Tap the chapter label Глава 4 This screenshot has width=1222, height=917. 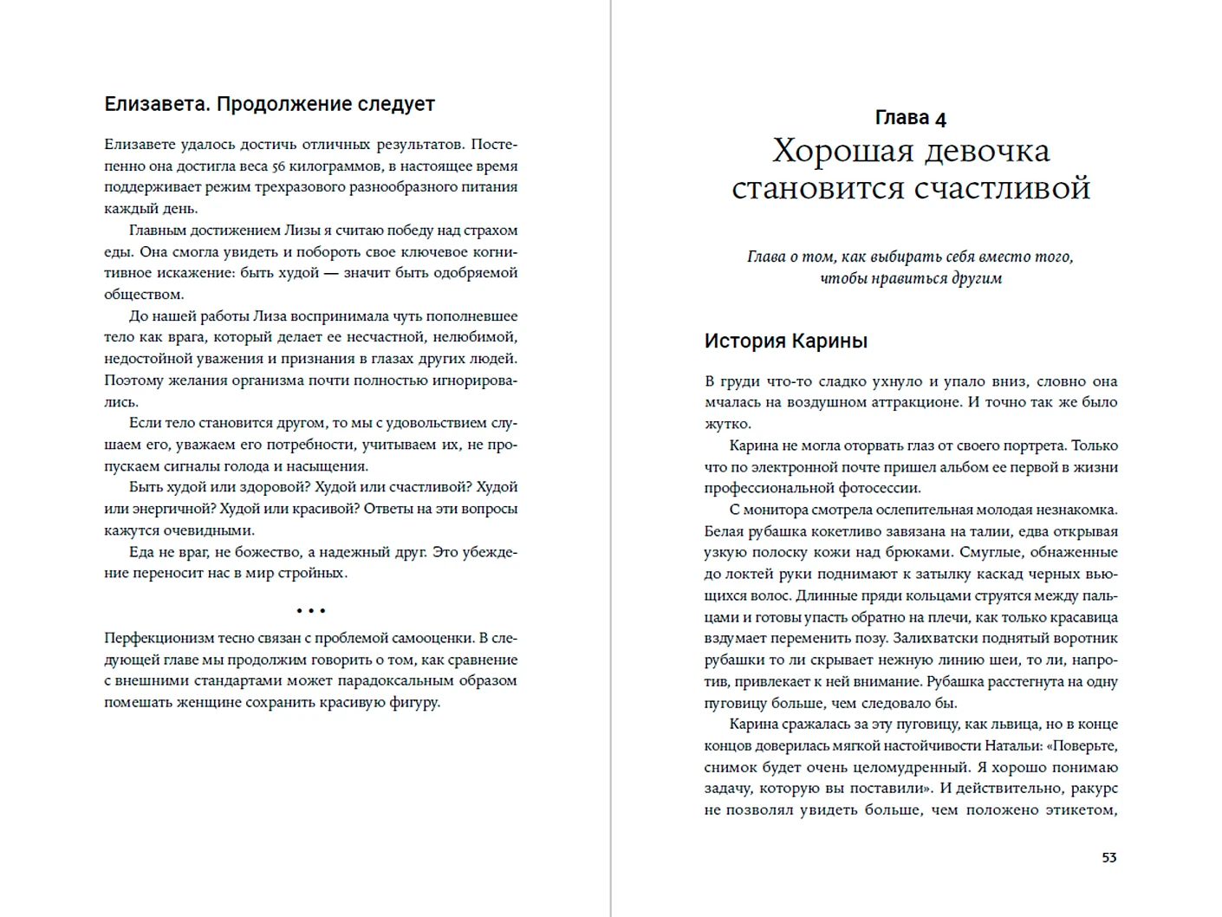(x=910, y=118)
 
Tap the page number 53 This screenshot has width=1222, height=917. (x=1108, y=857)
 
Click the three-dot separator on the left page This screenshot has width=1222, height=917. (x=310, y=611)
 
